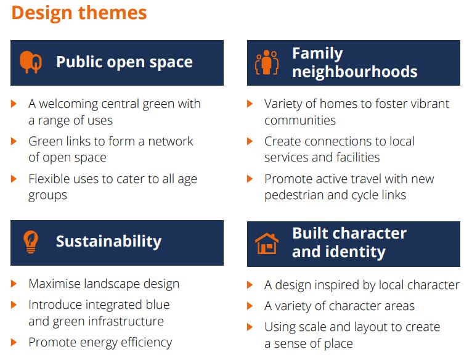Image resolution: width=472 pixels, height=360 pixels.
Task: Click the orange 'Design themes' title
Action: [79, 13]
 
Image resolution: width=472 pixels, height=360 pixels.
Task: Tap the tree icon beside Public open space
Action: [30, 62]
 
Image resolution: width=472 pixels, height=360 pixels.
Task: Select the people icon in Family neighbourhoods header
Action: [267, 62]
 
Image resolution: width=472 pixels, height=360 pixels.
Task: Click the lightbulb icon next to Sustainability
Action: [31, 242]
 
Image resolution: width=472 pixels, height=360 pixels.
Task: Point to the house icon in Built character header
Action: [267, 243]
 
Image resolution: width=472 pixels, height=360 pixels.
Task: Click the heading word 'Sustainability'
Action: [108, 242]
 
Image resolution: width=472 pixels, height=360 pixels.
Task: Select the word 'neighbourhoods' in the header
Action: [354, 72]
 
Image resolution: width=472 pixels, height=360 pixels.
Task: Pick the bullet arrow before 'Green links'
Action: [14, 141]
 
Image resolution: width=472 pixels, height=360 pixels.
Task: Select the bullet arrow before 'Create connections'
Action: [250, 141]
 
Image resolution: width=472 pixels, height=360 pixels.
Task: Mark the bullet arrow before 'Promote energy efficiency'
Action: [14, 342]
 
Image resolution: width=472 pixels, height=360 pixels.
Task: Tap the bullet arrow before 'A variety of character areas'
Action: [250, 306]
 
